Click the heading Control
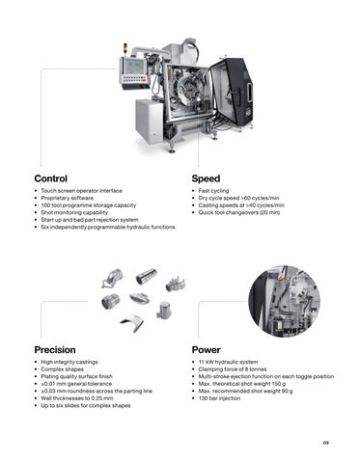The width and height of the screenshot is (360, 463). (x=51, y=178)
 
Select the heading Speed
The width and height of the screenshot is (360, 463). (x=206, y=178)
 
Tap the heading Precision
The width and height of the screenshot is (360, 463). (x=55, y=350)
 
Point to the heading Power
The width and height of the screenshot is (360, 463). (x=207, y=350)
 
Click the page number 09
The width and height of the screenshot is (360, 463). (x=326, y=443)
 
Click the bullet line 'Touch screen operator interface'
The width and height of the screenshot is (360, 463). (x=81, y=191)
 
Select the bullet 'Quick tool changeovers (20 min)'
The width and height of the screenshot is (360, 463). (x=239, y=212)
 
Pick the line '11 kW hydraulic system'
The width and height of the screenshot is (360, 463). (x=228, y=362)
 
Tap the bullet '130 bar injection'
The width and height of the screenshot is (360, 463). (x=219, y=398)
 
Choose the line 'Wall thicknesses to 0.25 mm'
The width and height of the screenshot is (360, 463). (x=77, y=398)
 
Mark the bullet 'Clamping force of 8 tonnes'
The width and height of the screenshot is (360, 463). (x=233, y=369)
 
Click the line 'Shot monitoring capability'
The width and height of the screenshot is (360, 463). (x=74, y=212)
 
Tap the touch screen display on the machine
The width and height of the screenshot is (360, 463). (x=135, y=66)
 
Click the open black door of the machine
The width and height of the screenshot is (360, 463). (x=233, y=92)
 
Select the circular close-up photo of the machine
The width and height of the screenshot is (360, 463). (x=285, y=301)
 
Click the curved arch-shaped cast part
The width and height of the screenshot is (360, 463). (x=132, y=323)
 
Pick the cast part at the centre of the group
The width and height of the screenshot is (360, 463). (x=140, y=298)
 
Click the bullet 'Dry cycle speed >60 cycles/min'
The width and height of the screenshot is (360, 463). (x=238, y=198)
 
